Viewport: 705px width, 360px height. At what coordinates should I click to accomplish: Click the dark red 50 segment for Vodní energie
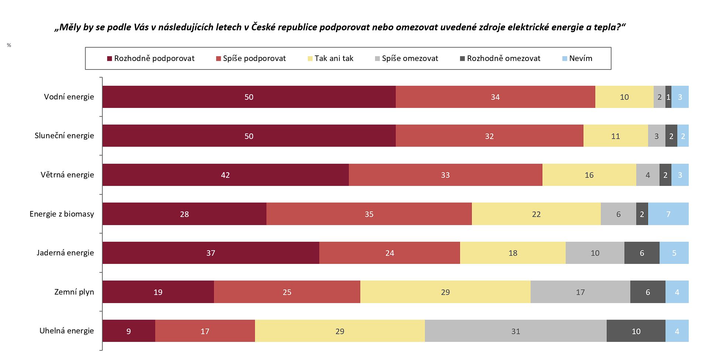pos(249,97)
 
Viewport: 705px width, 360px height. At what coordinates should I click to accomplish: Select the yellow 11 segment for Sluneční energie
pos(615,136)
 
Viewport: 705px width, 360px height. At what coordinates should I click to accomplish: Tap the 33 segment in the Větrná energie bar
pos(445,175)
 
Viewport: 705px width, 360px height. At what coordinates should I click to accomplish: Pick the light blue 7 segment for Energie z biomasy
pos(668,214)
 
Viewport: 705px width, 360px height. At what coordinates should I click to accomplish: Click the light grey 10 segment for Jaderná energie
pos(595,253)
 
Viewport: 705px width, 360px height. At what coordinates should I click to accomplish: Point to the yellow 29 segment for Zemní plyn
pos(445,292)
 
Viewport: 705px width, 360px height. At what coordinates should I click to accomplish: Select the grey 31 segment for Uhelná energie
pos(515,331)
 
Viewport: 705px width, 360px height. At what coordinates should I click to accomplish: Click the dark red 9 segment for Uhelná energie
pos(129,331)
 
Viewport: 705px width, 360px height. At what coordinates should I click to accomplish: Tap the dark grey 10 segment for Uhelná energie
pos(636,331)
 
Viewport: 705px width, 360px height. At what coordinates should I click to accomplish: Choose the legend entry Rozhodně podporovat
pos(151,58)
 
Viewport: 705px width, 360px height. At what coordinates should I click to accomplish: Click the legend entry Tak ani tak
pos(331,58)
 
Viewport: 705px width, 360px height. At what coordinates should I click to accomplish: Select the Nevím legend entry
pos(577,58)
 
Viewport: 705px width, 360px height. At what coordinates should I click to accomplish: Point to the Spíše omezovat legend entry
pos(406,58)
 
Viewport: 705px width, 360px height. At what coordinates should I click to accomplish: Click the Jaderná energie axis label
pos(65,253)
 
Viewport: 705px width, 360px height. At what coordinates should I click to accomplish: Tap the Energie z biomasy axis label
pos(62,214)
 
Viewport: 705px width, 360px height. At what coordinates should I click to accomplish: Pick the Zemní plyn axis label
pos(74,292)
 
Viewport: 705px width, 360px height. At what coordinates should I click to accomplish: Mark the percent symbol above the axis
pos(9,45)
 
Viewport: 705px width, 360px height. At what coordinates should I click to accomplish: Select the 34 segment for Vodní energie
pos(495,97)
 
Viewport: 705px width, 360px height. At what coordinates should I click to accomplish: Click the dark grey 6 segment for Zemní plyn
pos(648,292)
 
